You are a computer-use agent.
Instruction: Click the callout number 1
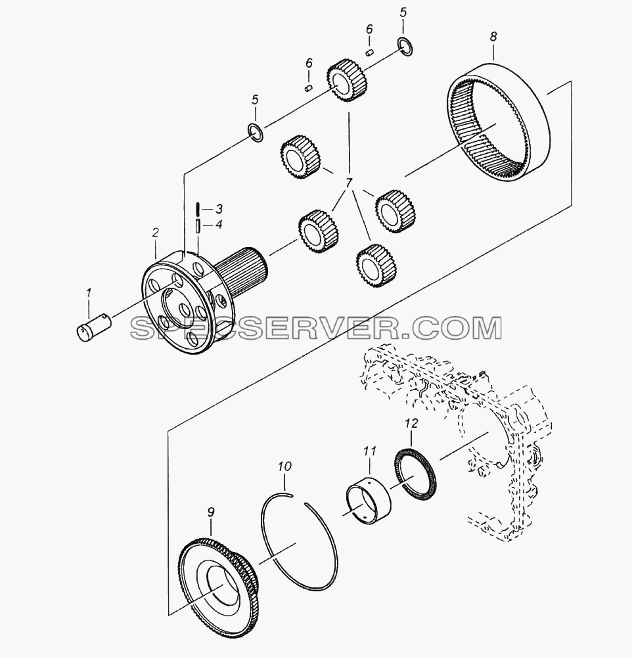pyautogui.click(x=89, y=293)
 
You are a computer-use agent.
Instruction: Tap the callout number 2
pyautogui.click(x=156, y=233)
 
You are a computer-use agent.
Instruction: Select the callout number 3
pyautogui.click(x=218, y=209)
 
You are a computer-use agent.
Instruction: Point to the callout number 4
pyautogui.click(x=218, y=224)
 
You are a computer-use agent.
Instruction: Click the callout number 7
pyautogui.click(x=349, y=183)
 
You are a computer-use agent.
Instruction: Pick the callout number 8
pyautogui.click(x=493, y=36)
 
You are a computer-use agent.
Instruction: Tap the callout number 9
pyautogui.click(x=211, y=512)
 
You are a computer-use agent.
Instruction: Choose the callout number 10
pyautogui.click(x=284, y=466)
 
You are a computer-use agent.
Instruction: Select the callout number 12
pyautogui.click(x=411, y=423)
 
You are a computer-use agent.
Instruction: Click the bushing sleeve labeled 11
pyautogui.click(x=369, y=499)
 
